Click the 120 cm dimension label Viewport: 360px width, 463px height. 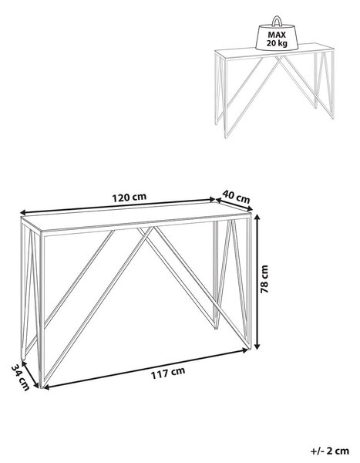pyautogui.click(x=129, y=197)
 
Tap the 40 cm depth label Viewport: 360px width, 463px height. pyautogui.click(x=236, y=197)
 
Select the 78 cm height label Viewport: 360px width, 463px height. pyautogui.click(x=264, y=279)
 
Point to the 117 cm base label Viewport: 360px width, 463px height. pyautogui.click(x=168, y=373)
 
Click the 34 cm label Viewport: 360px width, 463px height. pyautogui.click(x=21, y=377)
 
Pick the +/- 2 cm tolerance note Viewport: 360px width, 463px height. pyautogui.click(x=330, y=451)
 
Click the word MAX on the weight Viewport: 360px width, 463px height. pyautogui.click(x=277, y=35)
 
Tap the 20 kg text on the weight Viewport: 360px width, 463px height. pyautogui.click(x=277, y=43)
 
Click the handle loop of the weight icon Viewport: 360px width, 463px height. pyautogui.click(x=277, y=22)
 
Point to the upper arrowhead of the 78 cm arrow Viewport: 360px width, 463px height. pyautogui.click(x=258, y=218)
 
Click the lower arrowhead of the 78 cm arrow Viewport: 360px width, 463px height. pyautogui.click(x=258, y=346)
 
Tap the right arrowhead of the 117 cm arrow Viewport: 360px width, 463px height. pyautogui.click(x=244, y=350)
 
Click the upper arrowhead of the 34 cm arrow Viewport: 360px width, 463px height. pyautogui.click(x=24, y=363)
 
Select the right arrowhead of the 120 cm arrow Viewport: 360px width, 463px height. pyautogui.click(x=212, y=200)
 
